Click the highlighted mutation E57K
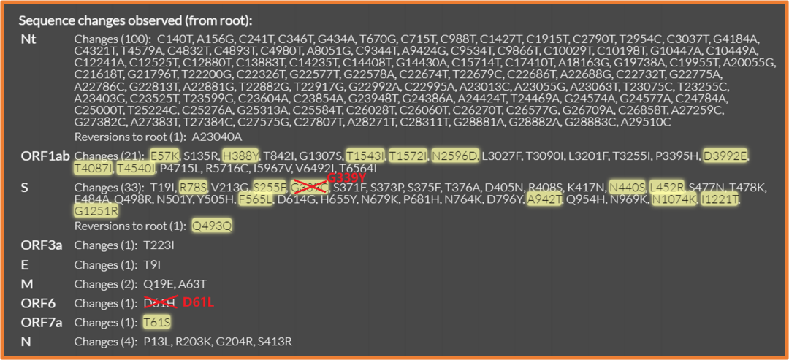coord(164,156)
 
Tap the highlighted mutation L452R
coord(666,188)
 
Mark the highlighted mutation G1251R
coord(96,211)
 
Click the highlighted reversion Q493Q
coord(212,226)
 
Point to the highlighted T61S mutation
coord(157,322)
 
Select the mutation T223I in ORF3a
coord(159,245)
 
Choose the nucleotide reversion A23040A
coord(217,137)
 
